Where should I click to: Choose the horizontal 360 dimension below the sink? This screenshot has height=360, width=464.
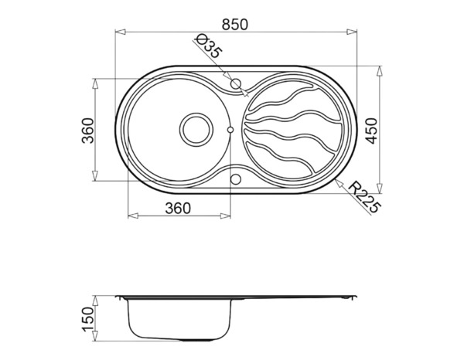pos(177,208)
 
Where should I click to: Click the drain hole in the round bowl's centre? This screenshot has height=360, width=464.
pos(194,129)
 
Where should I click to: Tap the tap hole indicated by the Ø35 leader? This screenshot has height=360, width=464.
pos(236,81)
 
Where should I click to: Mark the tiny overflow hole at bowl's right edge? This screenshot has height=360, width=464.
pos(230,129)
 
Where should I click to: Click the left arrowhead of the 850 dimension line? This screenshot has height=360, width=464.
pos(118,32)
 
